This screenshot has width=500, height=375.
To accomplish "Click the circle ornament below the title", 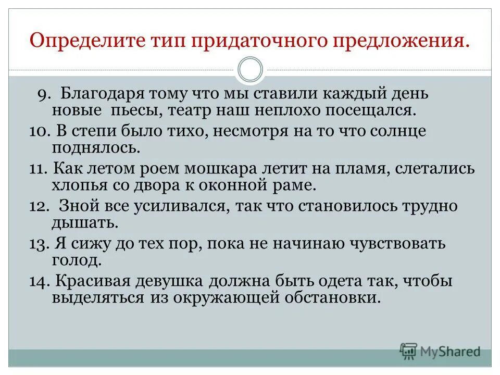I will tap(251, 69).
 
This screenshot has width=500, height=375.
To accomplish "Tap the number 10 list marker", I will tap(39, 131).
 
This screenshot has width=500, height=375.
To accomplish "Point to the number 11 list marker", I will tap(38, 169).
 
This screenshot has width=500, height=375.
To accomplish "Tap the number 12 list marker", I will tap(39, 206).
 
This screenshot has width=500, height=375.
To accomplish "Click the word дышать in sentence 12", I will tap(85, 222).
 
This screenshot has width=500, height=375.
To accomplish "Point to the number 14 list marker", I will tap(39, 282).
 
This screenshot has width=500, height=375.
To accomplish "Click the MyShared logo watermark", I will tap(440, 352).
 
